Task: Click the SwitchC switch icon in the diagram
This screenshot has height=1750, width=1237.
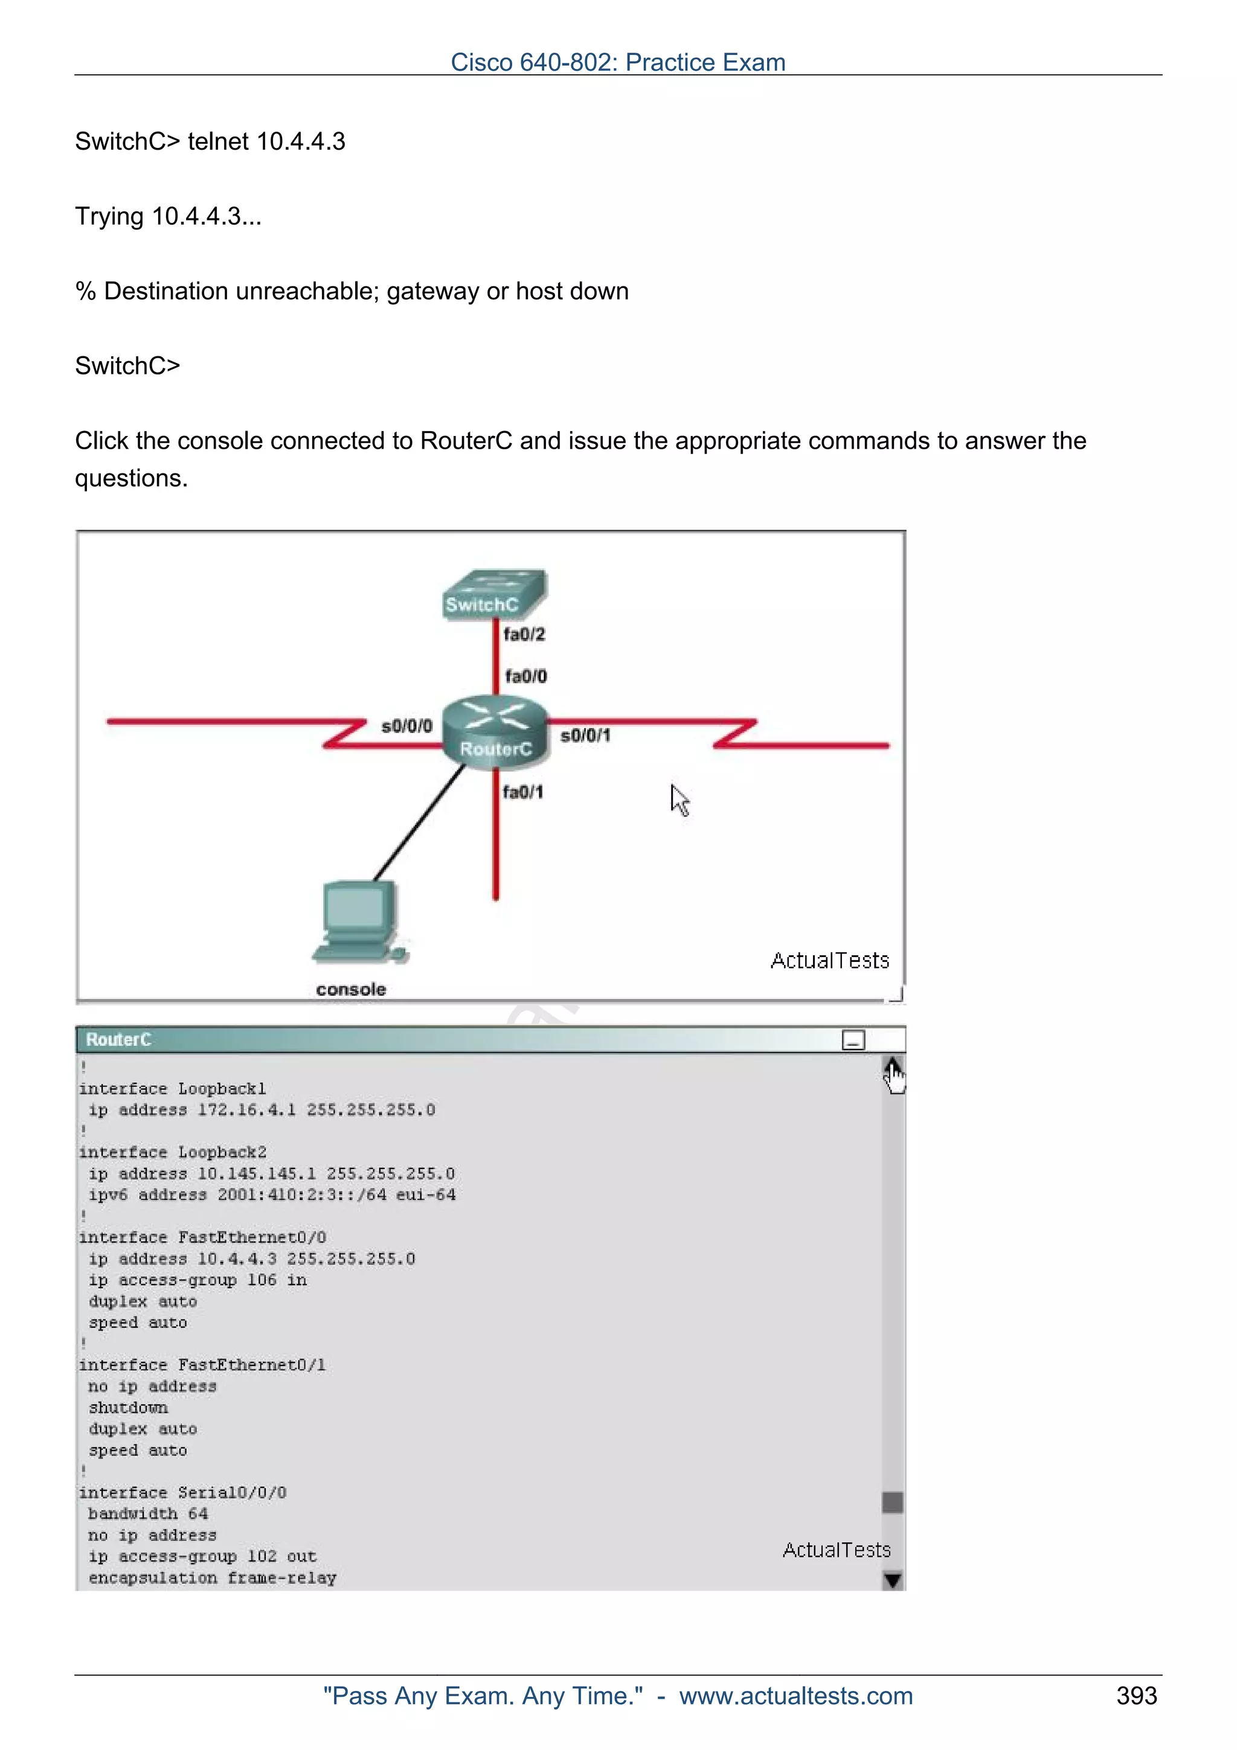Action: pyautogui.click(x=494, y=593)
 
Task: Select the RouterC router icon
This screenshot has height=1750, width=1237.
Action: pyautogui.click(x=495, y=731)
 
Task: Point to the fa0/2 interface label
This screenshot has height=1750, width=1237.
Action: pyautogui.click(x=524, y=634)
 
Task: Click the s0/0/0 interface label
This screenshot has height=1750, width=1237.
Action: pyautogui.click(x=406, y=726)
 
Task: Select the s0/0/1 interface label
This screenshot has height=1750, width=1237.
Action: pyautogui.click(x=585, y=736)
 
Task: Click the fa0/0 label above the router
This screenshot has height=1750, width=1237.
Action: pyautogui.click(x=526, y=676)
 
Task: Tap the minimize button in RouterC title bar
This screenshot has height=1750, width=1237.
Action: pyautogui.click(x=853, y=1040)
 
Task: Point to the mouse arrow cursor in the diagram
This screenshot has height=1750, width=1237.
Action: pyautogui.click(x=679, y=800)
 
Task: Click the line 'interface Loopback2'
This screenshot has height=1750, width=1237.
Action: pyautogui.click(x=173, y=1152)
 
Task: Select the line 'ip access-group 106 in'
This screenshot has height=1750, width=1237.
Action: pyautogui.click(x=198, y=1280)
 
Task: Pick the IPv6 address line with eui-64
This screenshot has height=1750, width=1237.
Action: pyautogui.click(x=272, y=1195)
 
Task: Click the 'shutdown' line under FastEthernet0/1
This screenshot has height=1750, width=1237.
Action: pyautogui.click(x=128, y=1408)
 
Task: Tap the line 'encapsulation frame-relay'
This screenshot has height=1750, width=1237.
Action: pyautogui.click(x=212, y=1578)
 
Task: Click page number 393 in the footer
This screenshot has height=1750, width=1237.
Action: pyautogui.click(x=1136, y=1696)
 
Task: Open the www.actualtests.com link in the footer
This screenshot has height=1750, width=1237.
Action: pyautogui.click(x=795, y=1696)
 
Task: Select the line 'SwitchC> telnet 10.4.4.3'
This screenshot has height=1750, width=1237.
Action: pyautogui.click(x=210, y=142)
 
